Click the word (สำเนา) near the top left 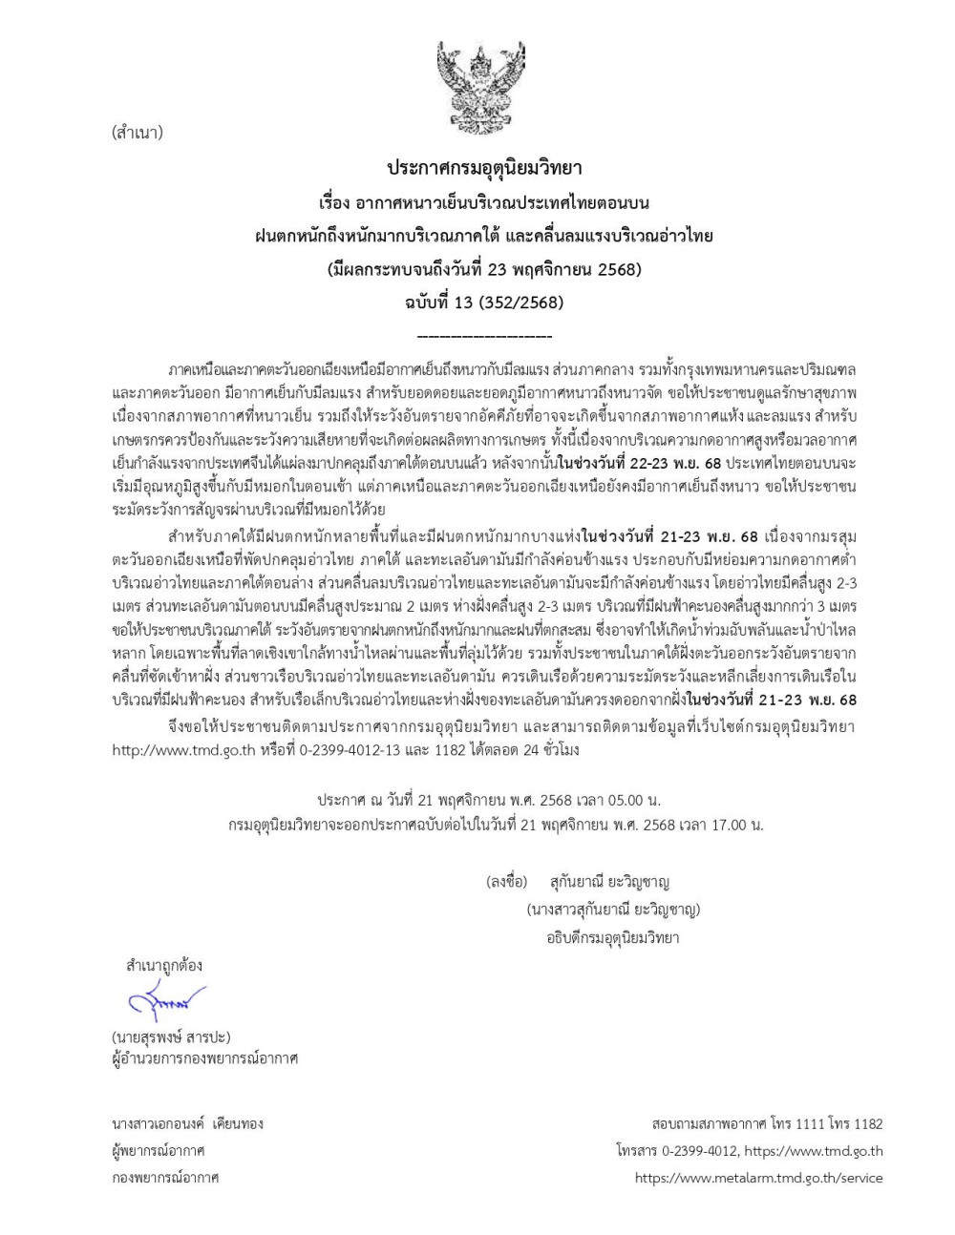[x=137, y=133]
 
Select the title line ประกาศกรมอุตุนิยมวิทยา [x=483, y=168]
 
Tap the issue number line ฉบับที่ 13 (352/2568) [x=483, y=303]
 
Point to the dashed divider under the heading [x=485, y=337]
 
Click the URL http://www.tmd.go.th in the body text [x=183, y=749]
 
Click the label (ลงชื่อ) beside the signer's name [x=506, y=882]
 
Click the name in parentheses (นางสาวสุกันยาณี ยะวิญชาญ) [x=613, y=909]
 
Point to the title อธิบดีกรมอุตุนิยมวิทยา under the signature [x=612, y=937]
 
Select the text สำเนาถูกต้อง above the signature [x=164, y=965]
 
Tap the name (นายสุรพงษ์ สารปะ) [x=171, y=1036]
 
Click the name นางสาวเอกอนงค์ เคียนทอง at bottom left [x=187, y=1123]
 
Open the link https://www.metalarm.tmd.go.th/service [x=758, y=1178]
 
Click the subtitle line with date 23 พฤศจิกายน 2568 [x=483, y=269]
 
